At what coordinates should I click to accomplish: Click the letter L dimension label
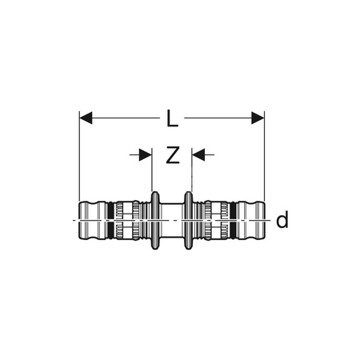[x=172, y=120]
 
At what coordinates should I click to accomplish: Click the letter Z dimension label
[x=172, y=156]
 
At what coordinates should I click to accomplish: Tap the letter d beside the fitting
[x=281, y=220]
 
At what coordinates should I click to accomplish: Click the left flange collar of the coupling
[x=154, y=218]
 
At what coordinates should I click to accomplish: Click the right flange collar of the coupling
[x=190, y=218]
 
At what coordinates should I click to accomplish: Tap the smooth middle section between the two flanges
[x=172, y=218]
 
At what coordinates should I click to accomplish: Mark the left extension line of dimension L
[x=81, y=160]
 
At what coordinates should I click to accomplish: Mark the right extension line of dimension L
[x=264, y=160]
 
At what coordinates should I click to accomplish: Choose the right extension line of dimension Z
[x=191, y=172]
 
